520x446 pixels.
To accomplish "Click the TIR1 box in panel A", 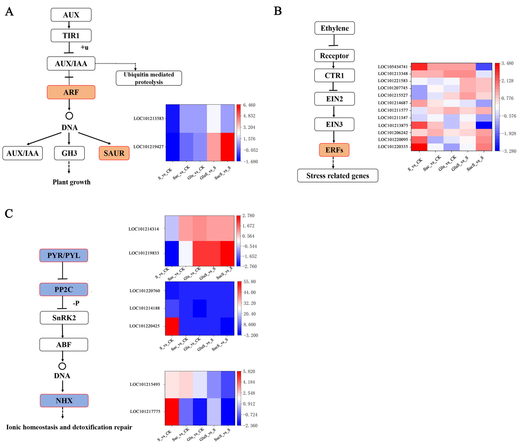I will (71, 35).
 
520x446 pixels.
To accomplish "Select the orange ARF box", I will (71, 92).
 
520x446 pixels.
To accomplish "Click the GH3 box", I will (69, 153).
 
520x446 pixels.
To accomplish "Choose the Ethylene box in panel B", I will (335, 28).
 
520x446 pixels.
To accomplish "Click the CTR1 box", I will (334, 75).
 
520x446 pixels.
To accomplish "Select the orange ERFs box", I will (334, 150).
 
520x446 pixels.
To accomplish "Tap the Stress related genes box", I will (337, 176).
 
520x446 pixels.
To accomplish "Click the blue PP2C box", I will (64, 290).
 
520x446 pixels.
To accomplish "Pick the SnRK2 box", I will (64, 318).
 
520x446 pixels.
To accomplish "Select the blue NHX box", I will (64, 400).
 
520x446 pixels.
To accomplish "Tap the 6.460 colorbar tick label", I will (249, 105).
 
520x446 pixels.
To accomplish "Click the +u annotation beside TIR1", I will (84, 47).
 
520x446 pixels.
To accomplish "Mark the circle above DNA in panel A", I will (69, 116).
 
